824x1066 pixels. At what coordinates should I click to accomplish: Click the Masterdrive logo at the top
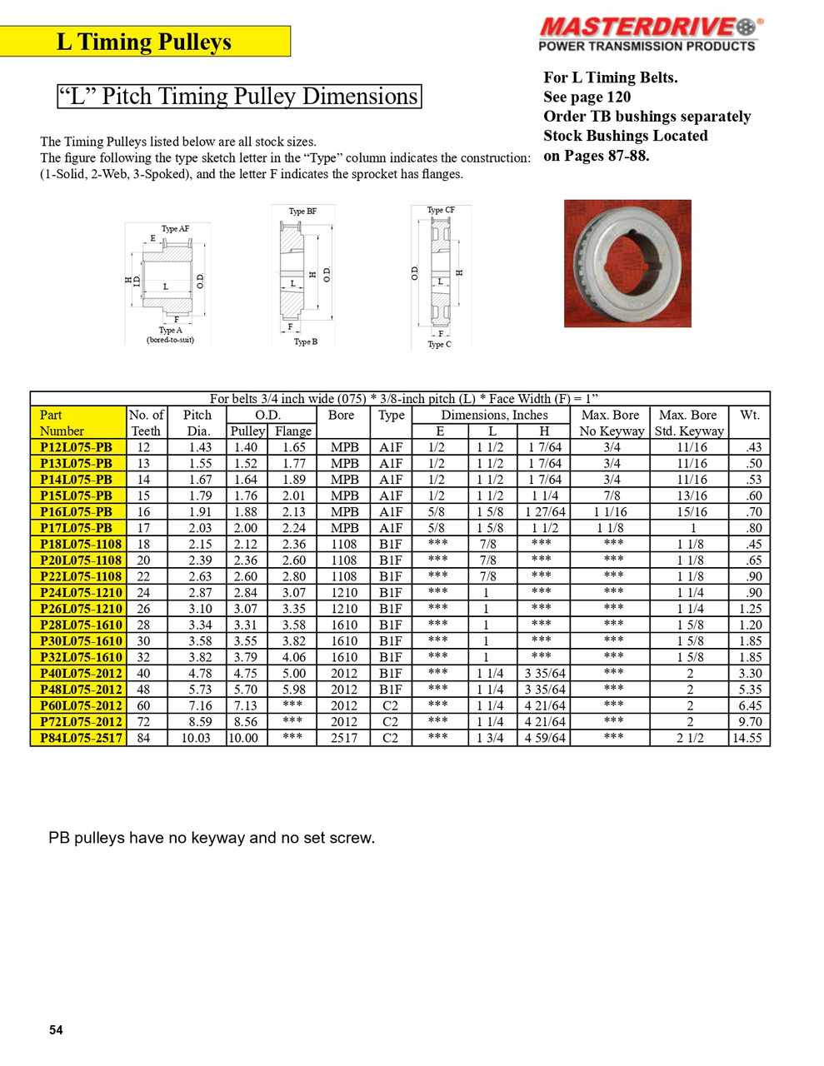click(x=647, y=33)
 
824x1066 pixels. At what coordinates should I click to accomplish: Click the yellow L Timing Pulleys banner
click(x=145, y=42)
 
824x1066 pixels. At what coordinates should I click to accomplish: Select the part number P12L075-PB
click(x=77, y=447)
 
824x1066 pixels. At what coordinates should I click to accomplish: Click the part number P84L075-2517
click(x=81, y=738)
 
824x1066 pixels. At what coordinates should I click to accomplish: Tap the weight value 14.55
click(x=747, y=738)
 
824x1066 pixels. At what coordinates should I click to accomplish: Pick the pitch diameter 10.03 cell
click(x=196, y=738)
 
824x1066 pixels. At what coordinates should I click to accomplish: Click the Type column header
click(x=391, y=416)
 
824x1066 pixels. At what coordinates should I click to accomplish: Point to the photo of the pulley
click(x=627, y=263)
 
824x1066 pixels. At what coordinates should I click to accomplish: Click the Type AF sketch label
click(x=175, y=229)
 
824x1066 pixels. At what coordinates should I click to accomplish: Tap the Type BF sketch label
click(x=302, y=212)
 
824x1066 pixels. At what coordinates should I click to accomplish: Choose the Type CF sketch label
click(x=441, y=211)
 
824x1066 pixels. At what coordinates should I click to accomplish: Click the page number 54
click(x=56, y=1030)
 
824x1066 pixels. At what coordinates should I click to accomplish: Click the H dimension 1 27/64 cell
click(x=545, y=512)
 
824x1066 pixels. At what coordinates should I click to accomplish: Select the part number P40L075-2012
click(x=81, y=673)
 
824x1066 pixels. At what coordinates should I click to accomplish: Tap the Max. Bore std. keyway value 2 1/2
click(x=690, y=738)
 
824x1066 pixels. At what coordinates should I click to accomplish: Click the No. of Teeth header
click(x=147, y=423)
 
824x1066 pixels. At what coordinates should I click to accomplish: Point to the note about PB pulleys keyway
click(x=212, y=838)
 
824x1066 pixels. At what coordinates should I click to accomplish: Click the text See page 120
click(x=587, y=97)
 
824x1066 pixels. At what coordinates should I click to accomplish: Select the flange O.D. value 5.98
click(x=293, y=690)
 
